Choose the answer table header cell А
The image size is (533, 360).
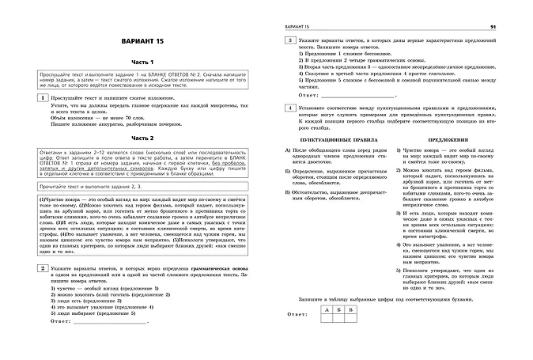[x=327, y=310]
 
